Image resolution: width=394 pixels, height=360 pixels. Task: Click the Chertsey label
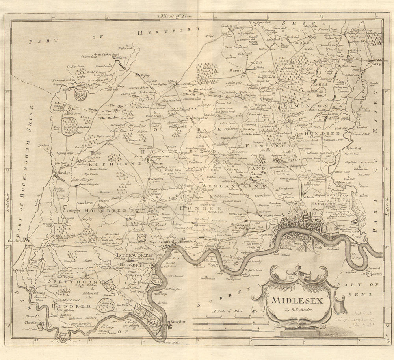pyautogui.click(x=37, y=322)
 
